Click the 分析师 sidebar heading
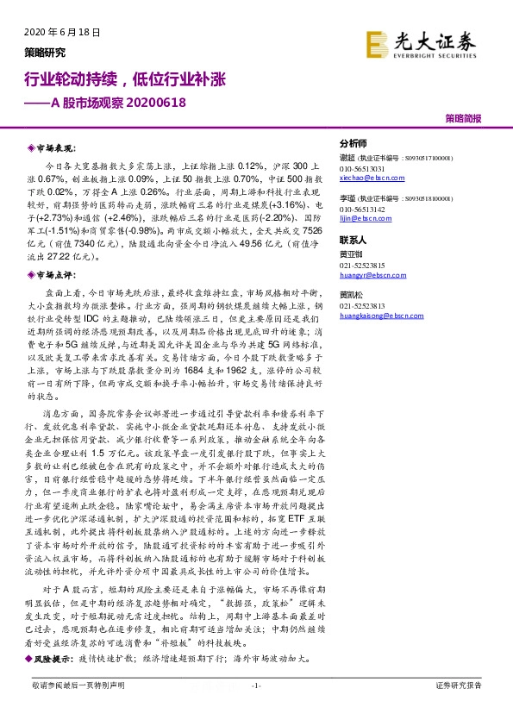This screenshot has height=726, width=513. click(353, 143)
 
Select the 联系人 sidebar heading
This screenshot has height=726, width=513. click(353, 240)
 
